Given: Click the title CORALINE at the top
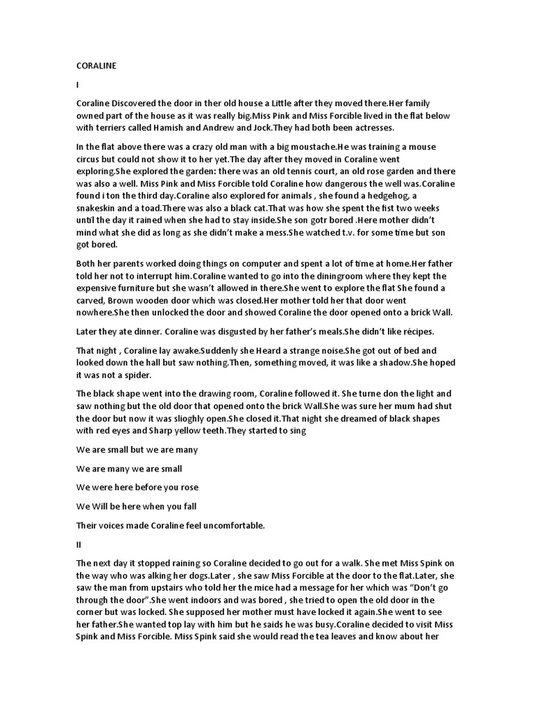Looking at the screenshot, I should coord(96,65).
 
